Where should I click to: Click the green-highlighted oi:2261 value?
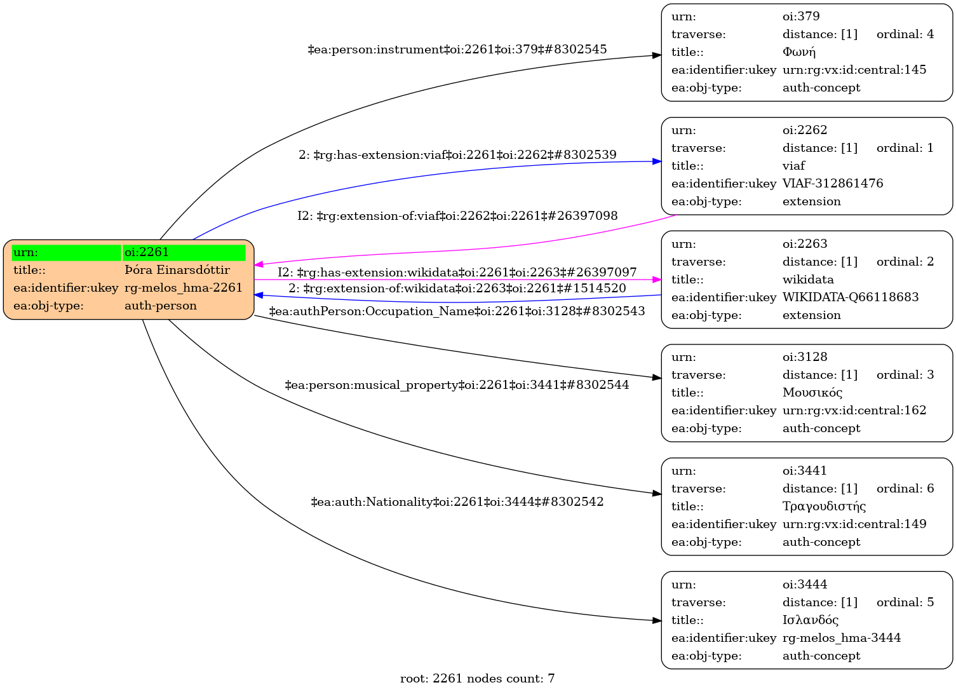click(184, 252)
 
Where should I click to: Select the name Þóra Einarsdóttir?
click(177, 270)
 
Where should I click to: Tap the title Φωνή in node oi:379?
click(798, 52)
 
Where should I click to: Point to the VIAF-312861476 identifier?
click(832, 184)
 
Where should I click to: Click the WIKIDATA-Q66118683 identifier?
click(850, 297)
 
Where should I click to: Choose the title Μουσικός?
click(812, 393)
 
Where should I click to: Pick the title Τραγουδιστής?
click(824, 506)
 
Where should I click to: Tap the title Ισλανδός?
click(810, 620)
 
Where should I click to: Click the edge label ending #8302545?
click(457, 49)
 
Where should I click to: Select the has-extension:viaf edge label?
click(457, 155)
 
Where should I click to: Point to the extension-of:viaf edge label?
click(457, 216)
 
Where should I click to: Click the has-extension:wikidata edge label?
click(457, 273)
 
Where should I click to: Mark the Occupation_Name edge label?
click(457, 311)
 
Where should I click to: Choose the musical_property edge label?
click(457, 385)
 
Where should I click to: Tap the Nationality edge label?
click(457, 502)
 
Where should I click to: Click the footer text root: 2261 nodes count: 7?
click(477, 679)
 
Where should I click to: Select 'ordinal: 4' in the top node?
click(905, 34)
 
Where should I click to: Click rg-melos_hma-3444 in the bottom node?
click(841, 638)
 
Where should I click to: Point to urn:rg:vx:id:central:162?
click(854, 410)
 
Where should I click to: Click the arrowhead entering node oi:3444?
click(657, 620)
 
